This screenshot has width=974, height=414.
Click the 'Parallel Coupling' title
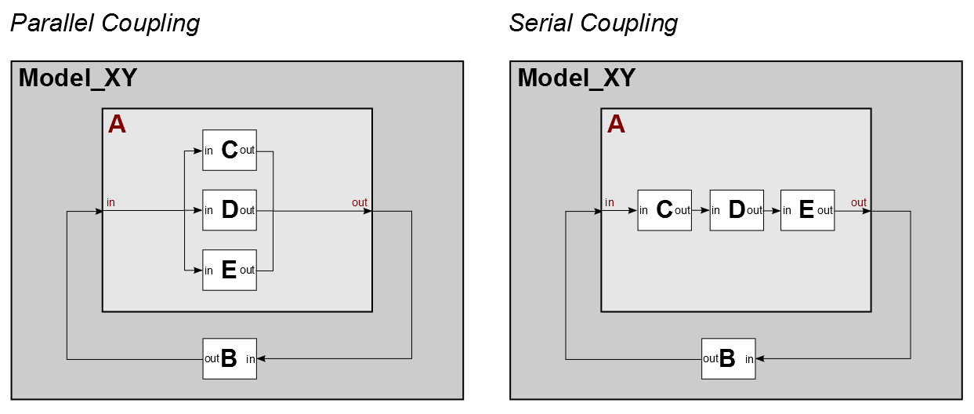104,24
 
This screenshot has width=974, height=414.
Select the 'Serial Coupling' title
593,24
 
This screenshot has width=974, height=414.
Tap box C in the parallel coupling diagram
230,150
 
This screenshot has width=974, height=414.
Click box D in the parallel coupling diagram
230,210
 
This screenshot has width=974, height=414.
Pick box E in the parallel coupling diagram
230,270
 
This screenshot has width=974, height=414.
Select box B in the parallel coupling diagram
230,358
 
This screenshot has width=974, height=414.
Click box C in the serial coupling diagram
664,210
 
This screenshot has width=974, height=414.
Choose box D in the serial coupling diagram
737,210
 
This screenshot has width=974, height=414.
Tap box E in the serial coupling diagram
807,210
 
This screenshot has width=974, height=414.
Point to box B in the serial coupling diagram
728,358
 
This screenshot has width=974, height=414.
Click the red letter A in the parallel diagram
117,124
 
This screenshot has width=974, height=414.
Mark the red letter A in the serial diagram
616,124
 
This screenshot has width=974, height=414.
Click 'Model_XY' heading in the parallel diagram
78,78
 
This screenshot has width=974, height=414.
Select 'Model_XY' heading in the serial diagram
577,78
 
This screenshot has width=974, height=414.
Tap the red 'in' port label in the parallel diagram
110,202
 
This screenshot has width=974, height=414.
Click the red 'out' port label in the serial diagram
859,202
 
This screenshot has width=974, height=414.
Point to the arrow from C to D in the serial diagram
701,210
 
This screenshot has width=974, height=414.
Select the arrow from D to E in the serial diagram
772,210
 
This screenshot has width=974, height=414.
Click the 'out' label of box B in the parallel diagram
212,358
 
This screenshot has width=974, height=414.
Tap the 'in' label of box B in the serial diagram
749,359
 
